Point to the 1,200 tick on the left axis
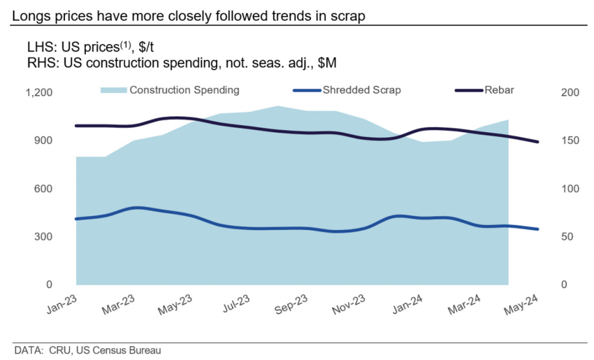point(39,93)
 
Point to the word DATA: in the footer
point(26,350)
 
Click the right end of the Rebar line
point(538,141)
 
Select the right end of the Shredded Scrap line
point(538,229)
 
